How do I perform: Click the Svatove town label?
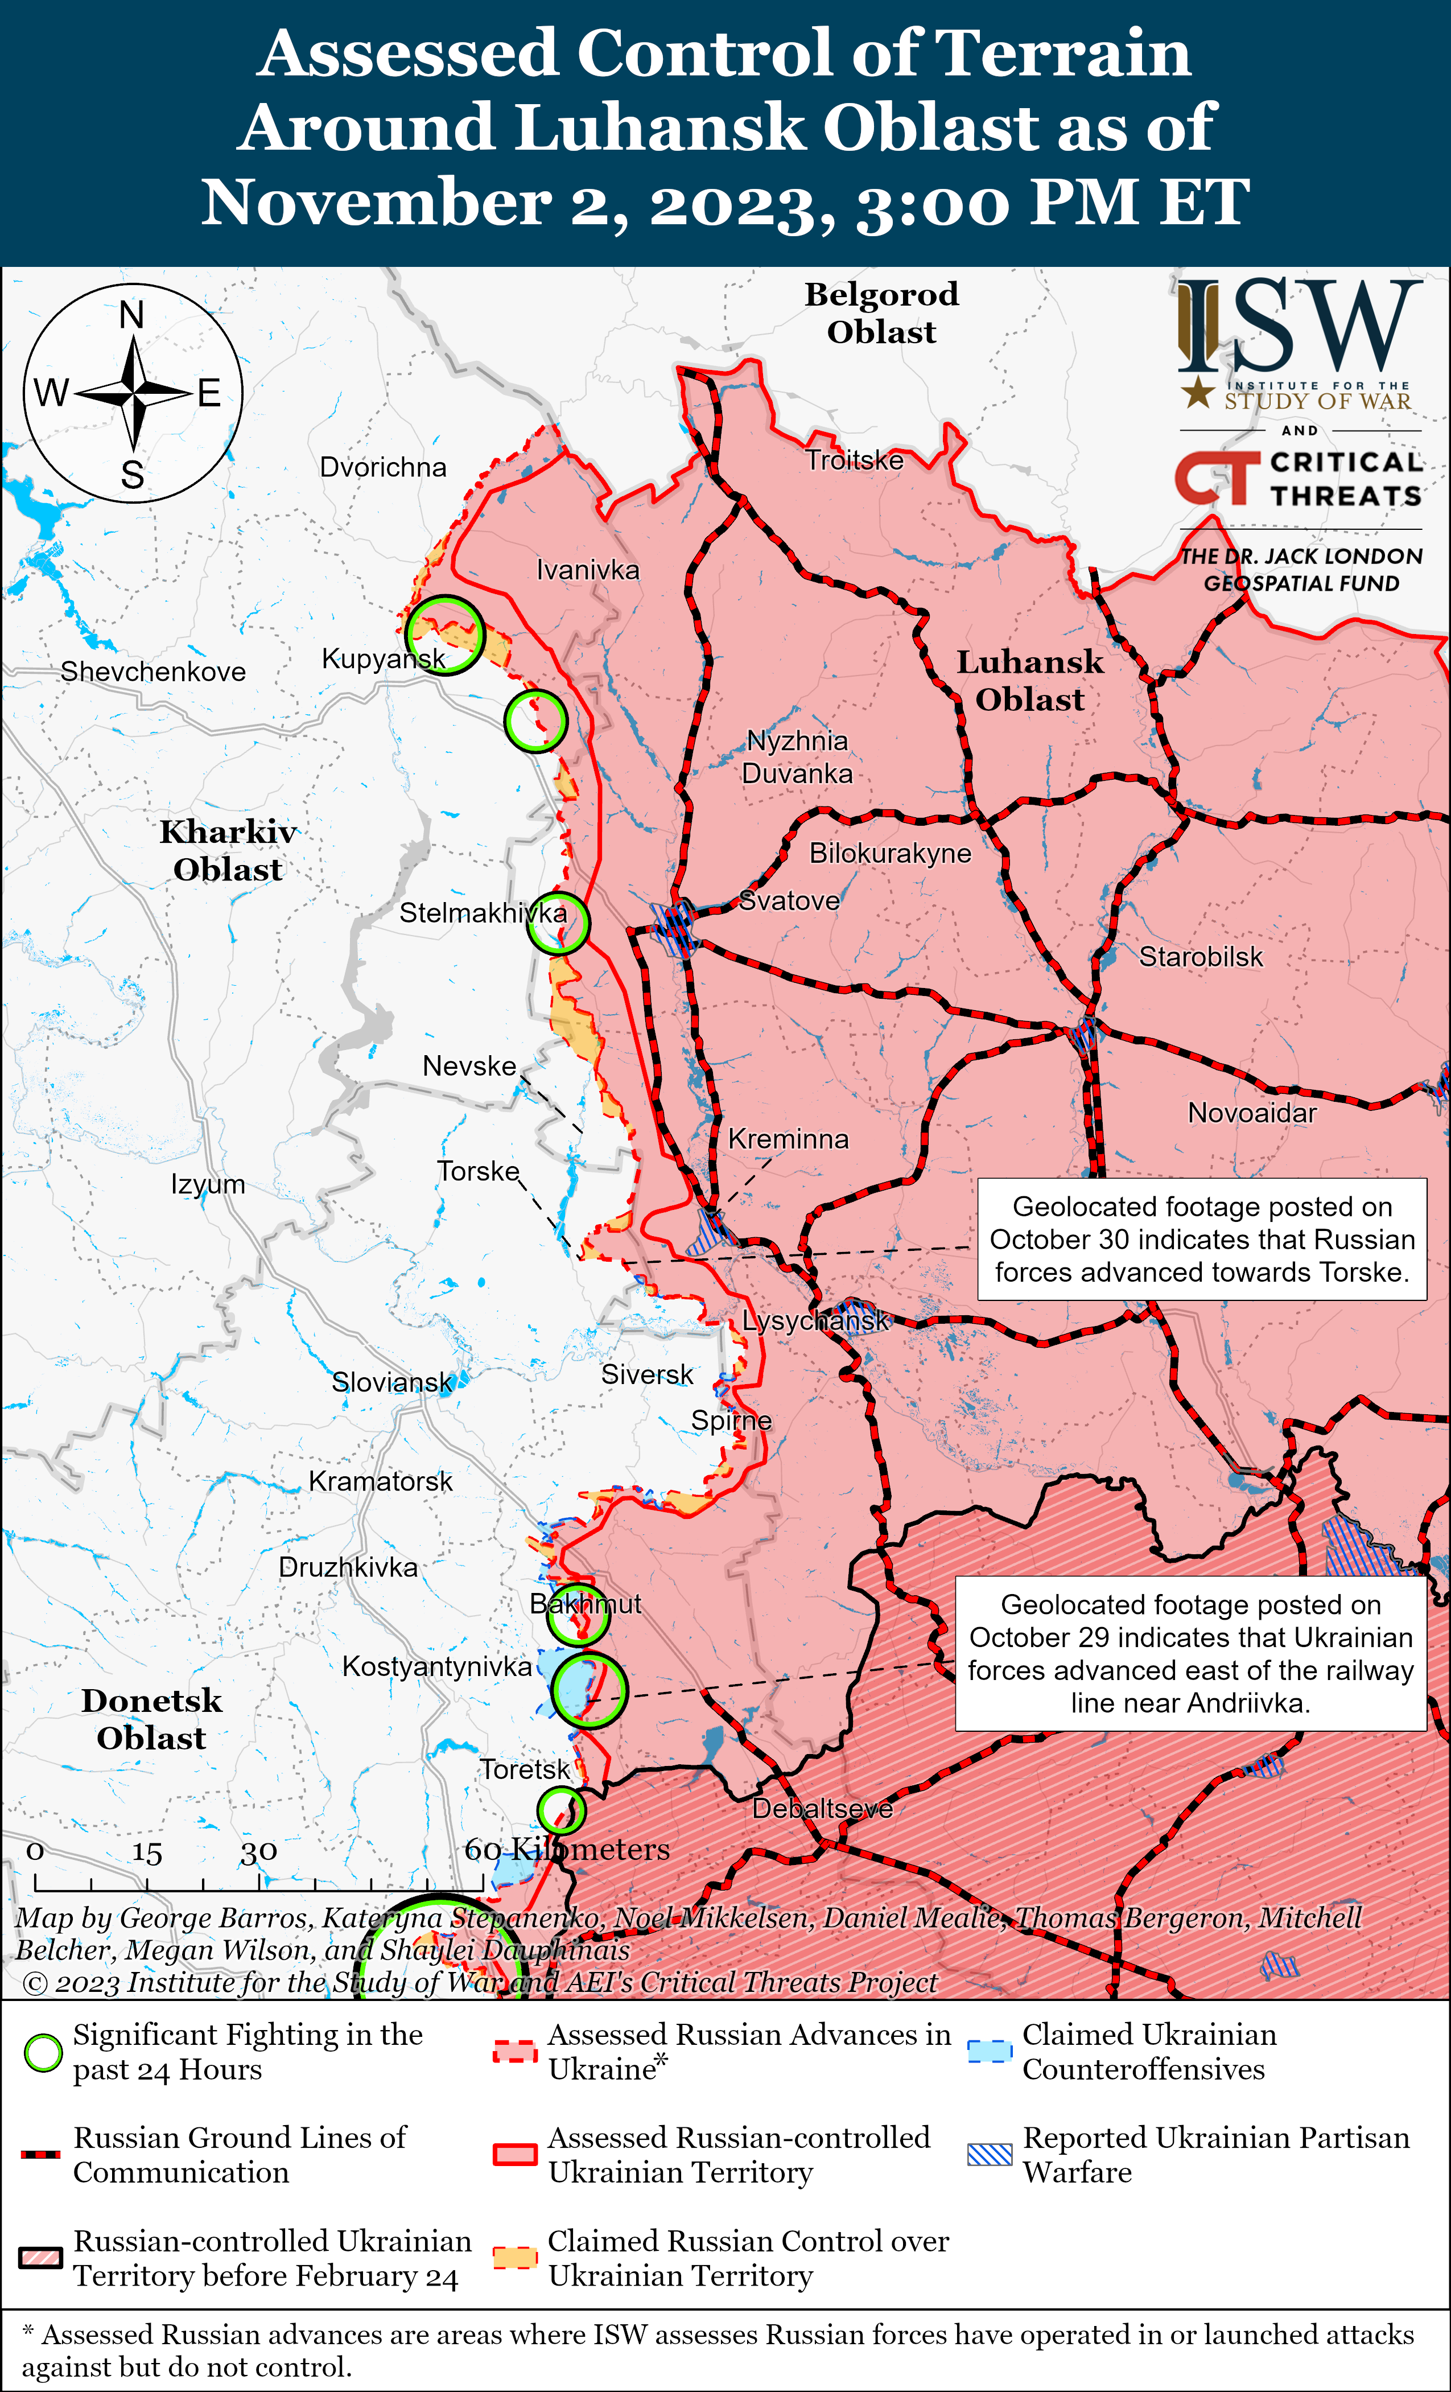point(789,901)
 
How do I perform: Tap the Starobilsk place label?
point(1201,957)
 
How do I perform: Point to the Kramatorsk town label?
point(381,1481)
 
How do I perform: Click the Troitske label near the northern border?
point(854,460)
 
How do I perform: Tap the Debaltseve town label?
point(822,1809)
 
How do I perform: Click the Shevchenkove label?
point(153,672)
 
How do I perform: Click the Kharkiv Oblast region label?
point(228,850)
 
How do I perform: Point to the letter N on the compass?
point(132,315)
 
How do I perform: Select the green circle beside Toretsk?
point(561,1810)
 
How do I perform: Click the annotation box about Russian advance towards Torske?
point(1202,1240)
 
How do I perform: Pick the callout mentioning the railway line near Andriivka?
point(1191,1653)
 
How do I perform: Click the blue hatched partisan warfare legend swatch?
point(990,2155)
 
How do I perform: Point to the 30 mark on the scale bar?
point(259,1853)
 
